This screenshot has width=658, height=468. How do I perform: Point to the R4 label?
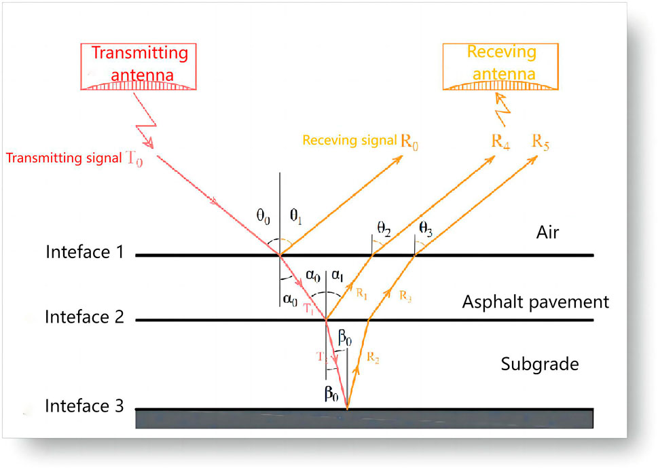pyautogui.click(x=500, y=142)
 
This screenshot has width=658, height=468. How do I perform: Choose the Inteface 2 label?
pyautogui.click(x=84, y=317)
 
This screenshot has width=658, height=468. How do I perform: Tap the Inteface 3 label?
pyautogui.click(x=84, y=406)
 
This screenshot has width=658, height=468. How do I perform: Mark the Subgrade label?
pyautogui.click(x=540, y=364)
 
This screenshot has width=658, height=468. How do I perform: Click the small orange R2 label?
pyautogui.click(x=372, y=355)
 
